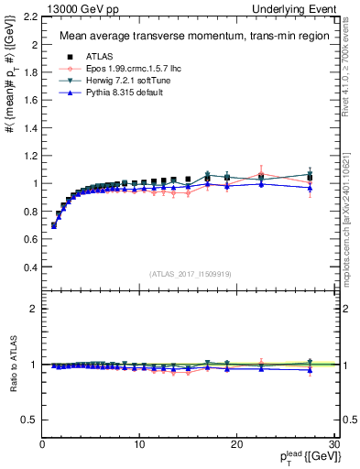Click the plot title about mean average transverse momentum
click(x=176, y=37)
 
